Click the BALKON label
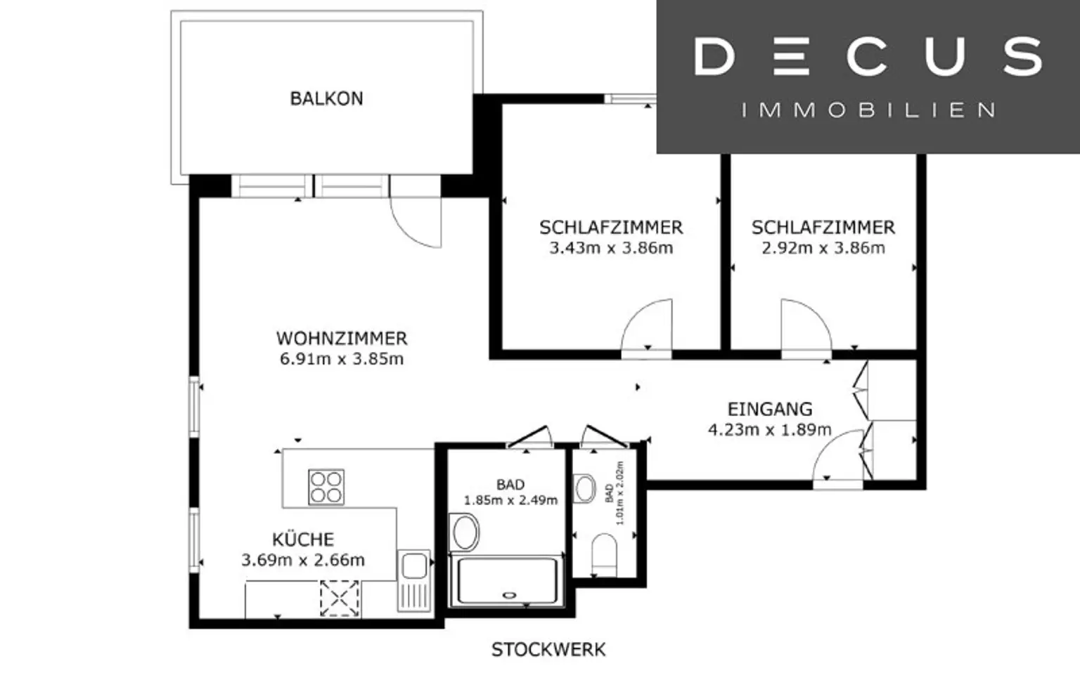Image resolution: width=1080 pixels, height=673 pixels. [326, 99]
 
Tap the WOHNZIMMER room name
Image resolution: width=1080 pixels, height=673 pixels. [342, 339]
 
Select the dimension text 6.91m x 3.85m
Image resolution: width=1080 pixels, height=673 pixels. [342, 360]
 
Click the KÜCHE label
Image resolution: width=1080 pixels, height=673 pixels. [303, 539]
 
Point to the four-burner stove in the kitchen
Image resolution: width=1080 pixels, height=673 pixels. [326, 487]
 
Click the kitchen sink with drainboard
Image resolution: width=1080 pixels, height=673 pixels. [414, 580]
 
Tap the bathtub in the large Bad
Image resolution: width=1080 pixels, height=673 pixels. [506, 581]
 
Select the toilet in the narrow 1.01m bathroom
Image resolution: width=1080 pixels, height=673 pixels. [604, 554]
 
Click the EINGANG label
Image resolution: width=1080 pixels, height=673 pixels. [770, 409]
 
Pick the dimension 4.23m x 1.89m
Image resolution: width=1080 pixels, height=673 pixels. [770, 430]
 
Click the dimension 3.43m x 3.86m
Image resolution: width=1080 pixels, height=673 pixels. [611, 248]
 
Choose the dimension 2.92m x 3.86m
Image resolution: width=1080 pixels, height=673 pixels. [823, 248]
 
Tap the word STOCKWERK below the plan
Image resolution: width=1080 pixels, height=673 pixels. [548, 650]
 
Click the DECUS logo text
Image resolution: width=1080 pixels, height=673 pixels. [868, 57]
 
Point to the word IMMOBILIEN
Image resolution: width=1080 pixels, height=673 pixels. [868, 110]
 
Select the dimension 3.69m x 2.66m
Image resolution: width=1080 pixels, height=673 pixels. [303, 561]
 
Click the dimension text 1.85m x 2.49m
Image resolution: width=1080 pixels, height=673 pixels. [510, 500]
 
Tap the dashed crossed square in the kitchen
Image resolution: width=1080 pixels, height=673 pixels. [340, 598]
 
